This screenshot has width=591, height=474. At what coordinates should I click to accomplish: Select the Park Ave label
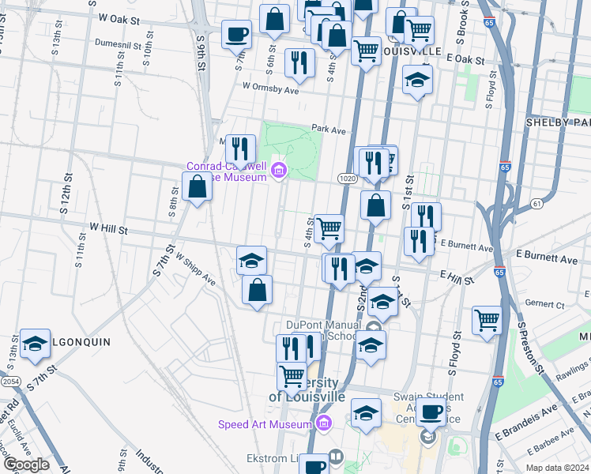point(329,129)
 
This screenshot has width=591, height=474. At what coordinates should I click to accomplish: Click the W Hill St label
point(108,228)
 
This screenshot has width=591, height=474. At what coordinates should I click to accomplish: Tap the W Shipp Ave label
point(195,269)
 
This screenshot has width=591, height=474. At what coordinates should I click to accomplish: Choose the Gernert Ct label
point(548,303)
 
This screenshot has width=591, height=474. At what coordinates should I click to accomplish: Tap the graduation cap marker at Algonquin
point(35,344)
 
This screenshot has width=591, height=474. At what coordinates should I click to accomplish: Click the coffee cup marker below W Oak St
point(236,35)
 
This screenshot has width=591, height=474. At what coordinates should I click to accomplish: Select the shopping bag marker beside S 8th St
point(197,187)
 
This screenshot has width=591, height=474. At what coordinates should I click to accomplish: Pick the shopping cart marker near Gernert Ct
point(487,321)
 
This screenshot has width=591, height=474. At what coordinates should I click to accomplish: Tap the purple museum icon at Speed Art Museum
point(322,425)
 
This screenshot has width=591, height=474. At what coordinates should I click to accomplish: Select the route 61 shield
point(537,204)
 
